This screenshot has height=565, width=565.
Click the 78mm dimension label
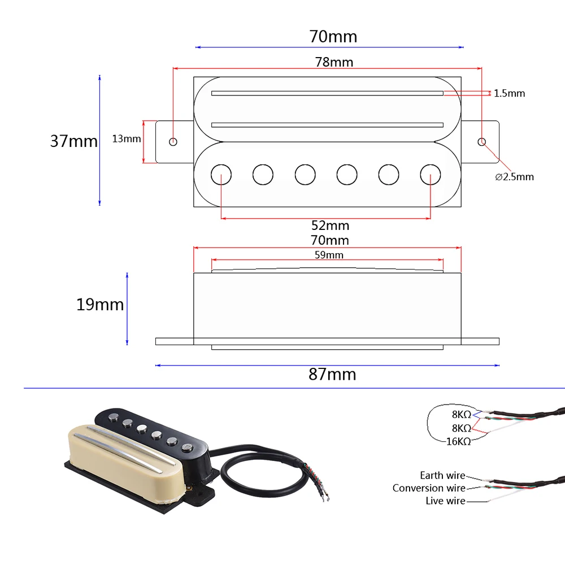pos(334,62)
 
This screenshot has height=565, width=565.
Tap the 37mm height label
pos(74,141)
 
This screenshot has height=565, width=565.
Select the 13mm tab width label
pos(127,139)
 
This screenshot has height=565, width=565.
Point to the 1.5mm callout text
pos(509,93)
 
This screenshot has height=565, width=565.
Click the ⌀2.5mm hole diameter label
pos(514,177)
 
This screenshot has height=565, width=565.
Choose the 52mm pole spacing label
pos(330,225)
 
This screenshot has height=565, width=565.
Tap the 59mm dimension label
pos(329,255)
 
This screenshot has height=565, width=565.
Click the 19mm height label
pos(100,305)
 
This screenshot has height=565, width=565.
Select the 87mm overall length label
pos(332,374)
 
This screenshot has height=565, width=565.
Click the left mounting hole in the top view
pos(173,142)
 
